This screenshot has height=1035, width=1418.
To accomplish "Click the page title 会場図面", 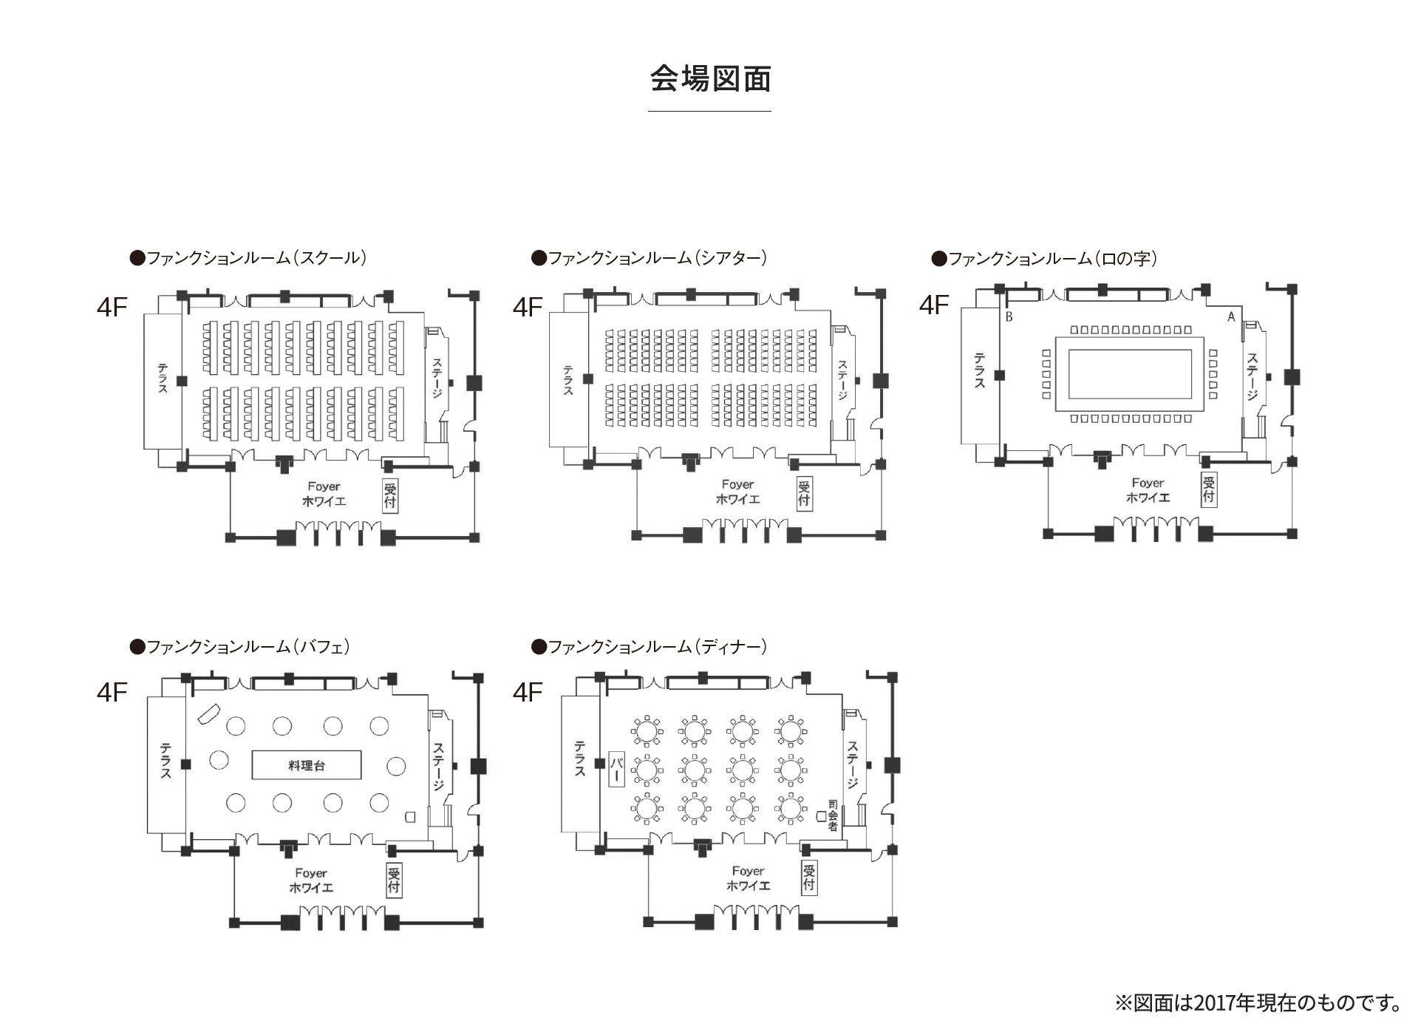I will click(x=710, y=79).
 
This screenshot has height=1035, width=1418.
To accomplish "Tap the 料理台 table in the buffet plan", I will click(x=307, y=765).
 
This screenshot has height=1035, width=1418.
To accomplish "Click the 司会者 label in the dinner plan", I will click(x=833, y=815).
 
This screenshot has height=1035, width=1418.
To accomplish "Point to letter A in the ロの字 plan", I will click(x=1231, y=317).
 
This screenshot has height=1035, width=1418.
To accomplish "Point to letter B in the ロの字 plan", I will click(x=1009, y=317).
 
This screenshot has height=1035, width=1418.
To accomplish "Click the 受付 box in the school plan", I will click(x=390, y=495).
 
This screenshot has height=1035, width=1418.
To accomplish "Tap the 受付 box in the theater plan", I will click(x=804, y=493).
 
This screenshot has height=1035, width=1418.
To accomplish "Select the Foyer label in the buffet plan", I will click(x=311, y=874).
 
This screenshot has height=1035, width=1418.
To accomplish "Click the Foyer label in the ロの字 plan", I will click(x=1148, y=483).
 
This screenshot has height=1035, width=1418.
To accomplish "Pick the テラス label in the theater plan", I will click(x=568, y=380).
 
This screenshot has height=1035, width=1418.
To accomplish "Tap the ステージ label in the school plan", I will click(x=437, y=379).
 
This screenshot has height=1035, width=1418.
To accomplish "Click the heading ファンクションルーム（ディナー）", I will click(x=650, y=647).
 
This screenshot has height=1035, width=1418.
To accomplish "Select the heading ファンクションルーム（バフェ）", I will click(x=241, y=647).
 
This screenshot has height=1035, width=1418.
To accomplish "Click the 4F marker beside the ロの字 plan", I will click(x=934, y=305).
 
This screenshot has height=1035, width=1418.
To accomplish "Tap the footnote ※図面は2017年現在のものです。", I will click(x=1258, y=1003).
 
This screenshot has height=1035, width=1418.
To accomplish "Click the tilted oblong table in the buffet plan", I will click(x=208, y=714).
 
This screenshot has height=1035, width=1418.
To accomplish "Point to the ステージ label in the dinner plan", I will click(x=853, y=765).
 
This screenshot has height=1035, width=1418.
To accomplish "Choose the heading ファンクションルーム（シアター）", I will click(x=650, y=258).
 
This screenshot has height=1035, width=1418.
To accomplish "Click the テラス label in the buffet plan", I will click(x=166, y=761).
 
